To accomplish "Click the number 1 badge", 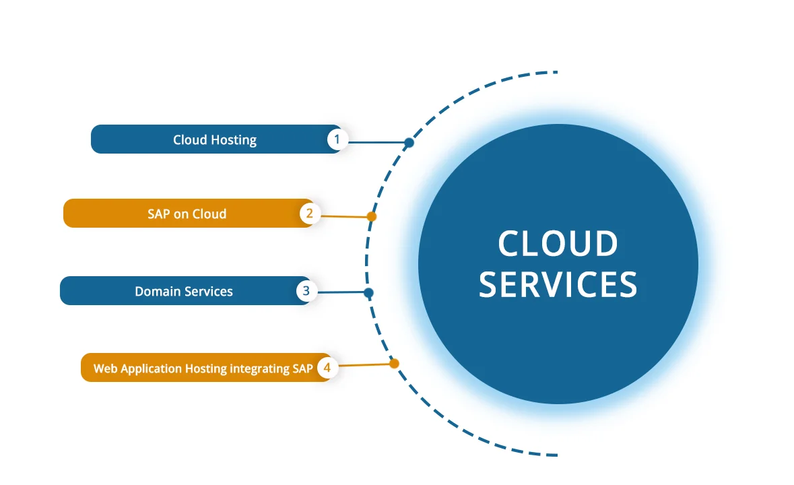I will click(337, 139).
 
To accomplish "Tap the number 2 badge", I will click(310, 214).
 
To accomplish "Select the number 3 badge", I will click(306, 291).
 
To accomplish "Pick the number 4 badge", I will click(327, 368).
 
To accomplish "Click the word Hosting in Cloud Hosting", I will click(234, 140).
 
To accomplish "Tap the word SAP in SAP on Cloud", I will click(160, 214).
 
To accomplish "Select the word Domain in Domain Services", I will click(156, 292).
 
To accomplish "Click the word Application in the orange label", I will click(151, 369).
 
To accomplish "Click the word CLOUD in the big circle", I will click(558, 244).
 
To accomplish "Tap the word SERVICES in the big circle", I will click(558, 284).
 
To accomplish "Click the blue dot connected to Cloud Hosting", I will click(409, 143).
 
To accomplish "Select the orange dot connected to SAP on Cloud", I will click(371, 217).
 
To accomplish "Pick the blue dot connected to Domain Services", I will click(368, 293).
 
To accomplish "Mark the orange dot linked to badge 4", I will click(394, 364).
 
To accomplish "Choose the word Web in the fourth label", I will click(105, 369).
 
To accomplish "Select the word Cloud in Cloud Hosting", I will click(191, 140).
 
